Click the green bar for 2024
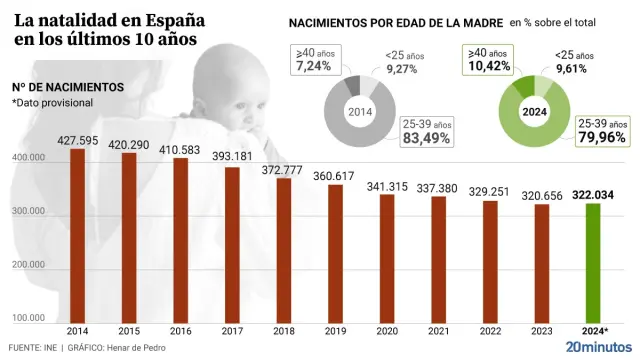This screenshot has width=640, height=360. (x=593, y=260)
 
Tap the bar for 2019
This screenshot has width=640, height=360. (x=335, y=250)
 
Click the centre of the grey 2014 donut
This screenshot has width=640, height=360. (x=361, y=112)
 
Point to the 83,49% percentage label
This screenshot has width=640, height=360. (x=426, y=138)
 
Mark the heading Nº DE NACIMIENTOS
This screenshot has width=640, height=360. (x=68, y=87)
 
